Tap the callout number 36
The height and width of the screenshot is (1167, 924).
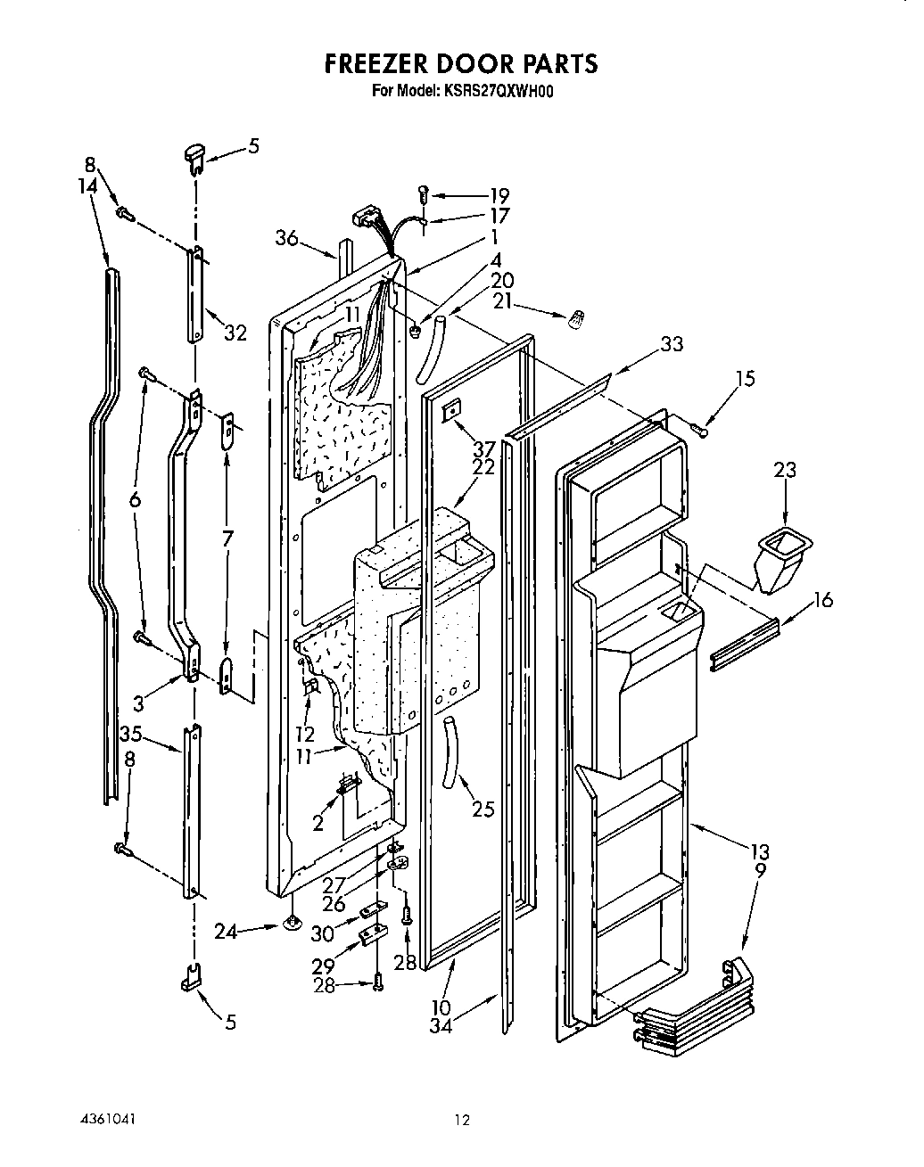coord(286,238)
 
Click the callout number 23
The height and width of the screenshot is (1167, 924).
coord(785,470)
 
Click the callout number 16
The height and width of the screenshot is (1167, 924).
coord(822,600)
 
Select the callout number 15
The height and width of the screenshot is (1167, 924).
coord(745,379)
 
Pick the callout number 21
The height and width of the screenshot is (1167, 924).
coord(503,302)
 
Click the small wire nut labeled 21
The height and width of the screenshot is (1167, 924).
coord(577,316)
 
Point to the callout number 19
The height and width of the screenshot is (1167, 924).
coord(499,195)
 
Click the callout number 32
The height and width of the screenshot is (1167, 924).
coord(235,334)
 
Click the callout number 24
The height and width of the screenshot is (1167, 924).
coord(227,932)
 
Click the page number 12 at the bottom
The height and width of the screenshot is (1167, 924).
coord(460,1120)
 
